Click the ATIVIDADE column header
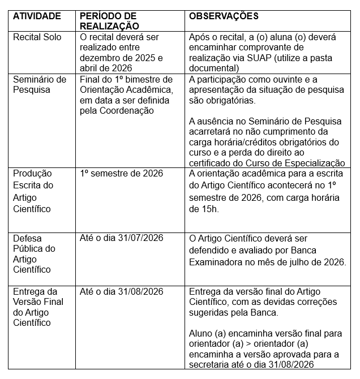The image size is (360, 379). pos(37,16)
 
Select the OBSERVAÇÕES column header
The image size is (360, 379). pos(224,16)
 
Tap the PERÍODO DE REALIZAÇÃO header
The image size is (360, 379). pos(109,21)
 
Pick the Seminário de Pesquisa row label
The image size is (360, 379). pos(40,84)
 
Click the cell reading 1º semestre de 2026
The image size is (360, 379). pos(121,173)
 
